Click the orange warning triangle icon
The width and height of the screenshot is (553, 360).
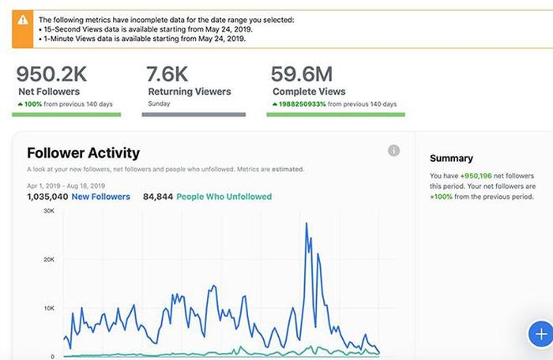(x=23, y=20)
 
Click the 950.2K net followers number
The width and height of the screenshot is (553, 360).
(x=51, y=74)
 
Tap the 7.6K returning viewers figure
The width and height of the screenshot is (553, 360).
(x=167, y=74)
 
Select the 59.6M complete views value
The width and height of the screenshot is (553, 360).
(x=302, y=74)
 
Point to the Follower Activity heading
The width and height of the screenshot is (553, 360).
(x=84, y=153)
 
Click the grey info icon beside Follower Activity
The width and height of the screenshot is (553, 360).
(x=394, y=151)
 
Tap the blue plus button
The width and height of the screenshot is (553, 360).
(x=541, y=334)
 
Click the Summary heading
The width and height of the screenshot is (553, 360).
(x=451, y=159)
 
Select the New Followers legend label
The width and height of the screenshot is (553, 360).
(x=101, y=197)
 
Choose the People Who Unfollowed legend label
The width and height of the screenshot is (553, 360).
(x=224, y=197)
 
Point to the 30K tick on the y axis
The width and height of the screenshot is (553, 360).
(x=49, y=211)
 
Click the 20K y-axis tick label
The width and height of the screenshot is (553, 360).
(x=49, y=260)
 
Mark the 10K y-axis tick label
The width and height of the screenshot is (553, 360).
(x=49, y=308)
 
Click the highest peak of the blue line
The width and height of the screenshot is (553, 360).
(x=307, y=223)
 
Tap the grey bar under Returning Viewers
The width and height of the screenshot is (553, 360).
(x=194, y=114)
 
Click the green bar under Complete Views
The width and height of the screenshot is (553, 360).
(x=336, y=114)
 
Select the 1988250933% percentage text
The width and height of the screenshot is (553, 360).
(x=303, y=104)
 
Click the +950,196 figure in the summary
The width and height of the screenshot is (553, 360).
(x=476, y=175)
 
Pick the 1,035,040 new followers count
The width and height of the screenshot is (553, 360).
(x=47, y=197)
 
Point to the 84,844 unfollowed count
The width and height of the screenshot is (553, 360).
(x=158, y=197)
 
